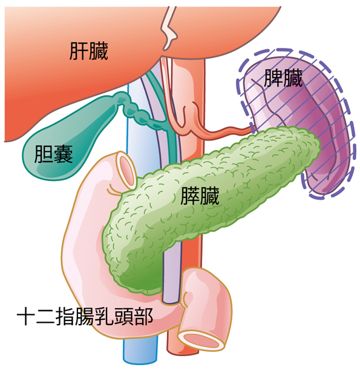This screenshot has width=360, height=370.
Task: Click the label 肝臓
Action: point(89,51)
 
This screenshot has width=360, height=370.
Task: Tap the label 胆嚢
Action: point(53,154)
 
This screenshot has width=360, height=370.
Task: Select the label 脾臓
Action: point(283,78)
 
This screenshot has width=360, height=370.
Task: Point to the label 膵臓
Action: point(200,196)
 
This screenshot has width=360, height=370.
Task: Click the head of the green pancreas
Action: point(132,255)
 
